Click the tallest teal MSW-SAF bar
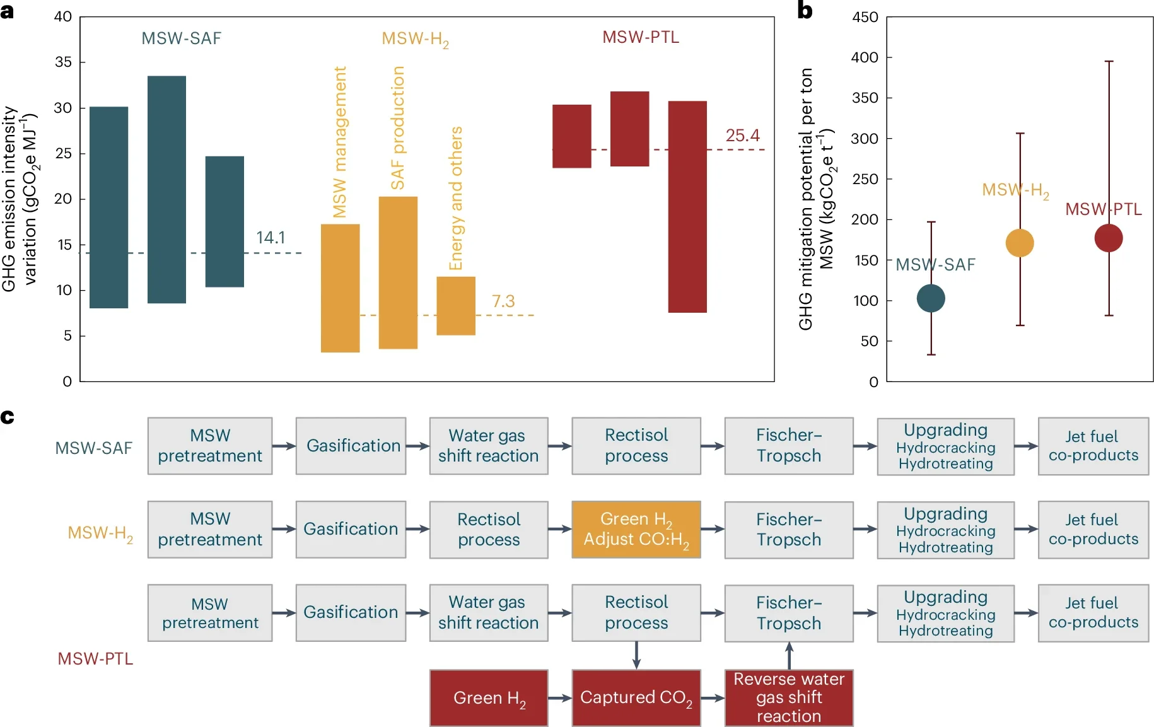(x=166, y=189)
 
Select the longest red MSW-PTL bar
(x=687, y=206)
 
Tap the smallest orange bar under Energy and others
(x=455, y=306)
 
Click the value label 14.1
(x=271, y=238)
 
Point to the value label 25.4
(x=742, y=136)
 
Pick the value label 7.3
(x=503, y=301)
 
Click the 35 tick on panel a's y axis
(x=63, y=62)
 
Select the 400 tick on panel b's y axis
(x=864, y=57)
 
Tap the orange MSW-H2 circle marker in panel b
(x=1019, y=243)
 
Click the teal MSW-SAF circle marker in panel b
(x=930, y=298)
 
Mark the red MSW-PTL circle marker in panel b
(x=1108, y=238)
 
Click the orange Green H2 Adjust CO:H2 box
(x=636, y=529)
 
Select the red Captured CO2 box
(x=636, y=697)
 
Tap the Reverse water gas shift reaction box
(x=788, y=697)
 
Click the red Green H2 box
(x=489, y=697)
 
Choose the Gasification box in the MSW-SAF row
(x=351, y=446)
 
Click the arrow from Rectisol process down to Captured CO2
(x=636, y=655)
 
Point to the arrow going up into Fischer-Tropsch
(x=789, y=655)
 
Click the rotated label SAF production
(x=397, y=128)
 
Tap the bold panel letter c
(x=8, y=417)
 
